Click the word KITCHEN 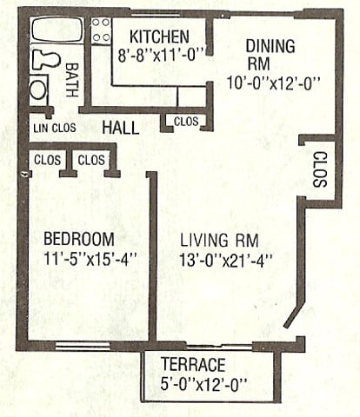[x=160, y=36]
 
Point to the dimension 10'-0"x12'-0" [x=274, y=84]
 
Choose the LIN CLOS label [x=54, y=128]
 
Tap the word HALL [x=120, y=128]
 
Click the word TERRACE [x=193, y=364]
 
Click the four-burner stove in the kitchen [x=102, y=31]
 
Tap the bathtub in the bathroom [x=57, y=31]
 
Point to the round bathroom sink [x=39, y=89]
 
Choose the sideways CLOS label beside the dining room [x=318, y=170]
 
